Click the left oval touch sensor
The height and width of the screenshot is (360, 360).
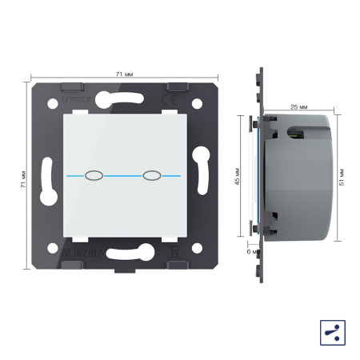pos(94,174)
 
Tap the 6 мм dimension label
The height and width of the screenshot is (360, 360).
pos(249,251)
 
